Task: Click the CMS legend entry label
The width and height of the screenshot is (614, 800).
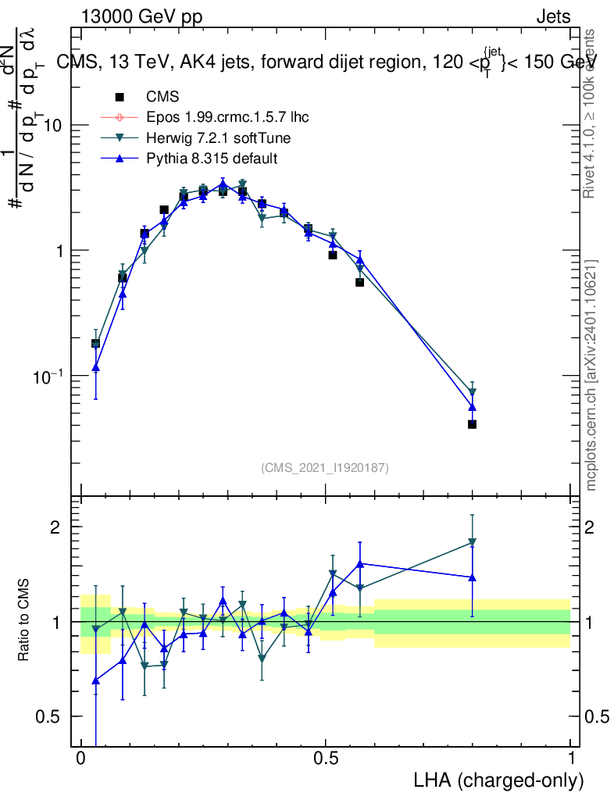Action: point(162,97)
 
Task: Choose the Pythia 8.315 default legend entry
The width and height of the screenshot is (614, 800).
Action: point(212,159)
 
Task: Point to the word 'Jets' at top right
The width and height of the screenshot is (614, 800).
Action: point(553,17)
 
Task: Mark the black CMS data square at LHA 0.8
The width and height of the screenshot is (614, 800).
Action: point(472,424)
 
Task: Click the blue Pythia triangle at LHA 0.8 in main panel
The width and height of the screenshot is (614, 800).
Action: point(472,406)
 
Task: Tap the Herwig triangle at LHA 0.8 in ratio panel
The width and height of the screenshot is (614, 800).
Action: point(472,542)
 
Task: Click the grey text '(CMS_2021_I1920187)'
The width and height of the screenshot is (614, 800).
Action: point(325,468)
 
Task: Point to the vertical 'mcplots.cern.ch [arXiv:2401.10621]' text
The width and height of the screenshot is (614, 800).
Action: point(591,374)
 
